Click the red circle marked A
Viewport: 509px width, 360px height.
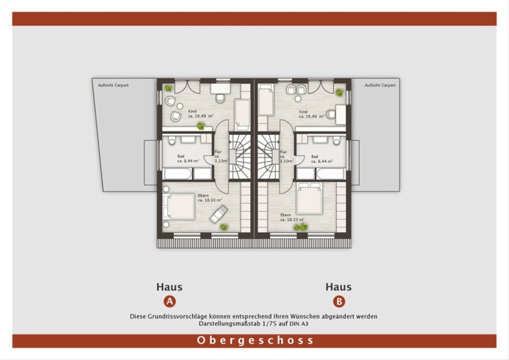click(170, 301)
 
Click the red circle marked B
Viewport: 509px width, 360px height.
click(339, 301)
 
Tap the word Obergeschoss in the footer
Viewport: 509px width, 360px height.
click(255, 340)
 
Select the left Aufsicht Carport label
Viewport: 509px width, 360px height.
click(113, 85)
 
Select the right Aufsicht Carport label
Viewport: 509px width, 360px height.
click(380, 85)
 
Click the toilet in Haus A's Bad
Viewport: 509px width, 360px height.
click(172, 141)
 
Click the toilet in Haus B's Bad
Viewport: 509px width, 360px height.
click(336, 141)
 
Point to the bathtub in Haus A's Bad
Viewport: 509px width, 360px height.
click(178, 174)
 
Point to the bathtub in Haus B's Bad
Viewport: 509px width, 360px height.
click(330, 174)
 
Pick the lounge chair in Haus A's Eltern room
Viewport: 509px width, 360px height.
click(218, 214)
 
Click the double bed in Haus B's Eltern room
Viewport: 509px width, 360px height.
click(309, 199)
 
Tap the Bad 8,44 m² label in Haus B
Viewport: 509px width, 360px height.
click(322, 159)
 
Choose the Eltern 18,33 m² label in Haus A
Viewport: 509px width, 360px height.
click(210, 198)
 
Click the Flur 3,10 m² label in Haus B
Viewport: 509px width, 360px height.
click(286, 157)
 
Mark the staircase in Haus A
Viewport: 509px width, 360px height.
click(240, 157)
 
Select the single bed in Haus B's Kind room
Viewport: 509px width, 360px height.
click(266, 100)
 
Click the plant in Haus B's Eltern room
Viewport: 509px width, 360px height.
click(301, 227)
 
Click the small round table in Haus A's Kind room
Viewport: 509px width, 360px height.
click(180, 106)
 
